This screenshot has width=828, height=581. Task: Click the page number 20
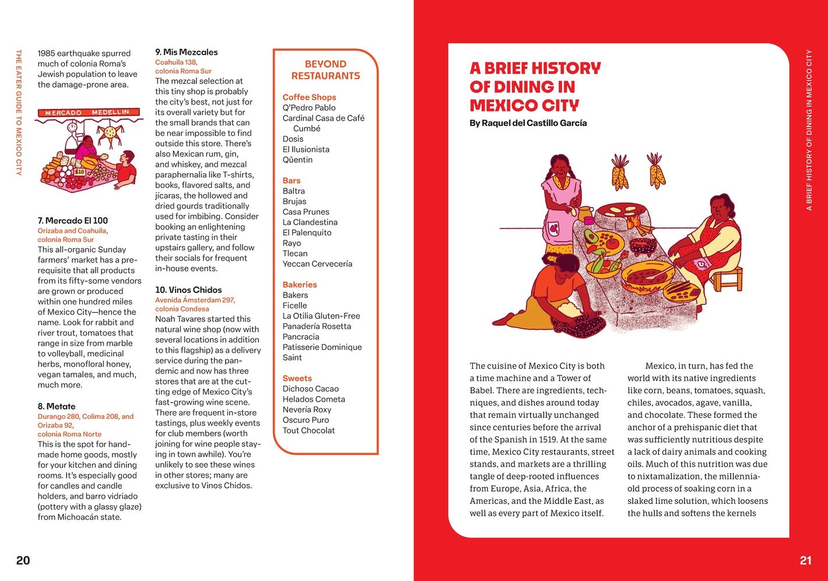click(x=23, y=561)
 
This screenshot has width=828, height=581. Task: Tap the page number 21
click(x=805, y=561)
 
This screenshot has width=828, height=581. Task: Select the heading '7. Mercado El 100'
click(x=73, y=220)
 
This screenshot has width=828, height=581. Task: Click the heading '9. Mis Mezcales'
click(x=187, y=52)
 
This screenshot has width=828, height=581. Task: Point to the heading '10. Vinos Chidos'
click(x=188, y=290)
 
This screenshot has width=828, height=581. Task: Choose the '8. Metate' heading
click(x=57, y=406)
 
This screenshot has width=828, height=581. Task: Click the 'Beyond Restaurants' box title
click(x=325, y=70)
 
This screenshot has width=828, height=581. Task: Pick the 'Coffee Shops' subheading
click(x=309, y=97)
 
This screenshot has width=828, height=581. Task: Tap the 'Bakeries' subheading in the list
click(x=300, y=285)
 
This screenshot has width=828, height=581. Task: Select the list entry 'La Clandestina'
click(x=310, y=222)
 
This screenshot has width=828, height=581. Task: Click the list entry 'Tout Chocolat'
click(x=309, y=430)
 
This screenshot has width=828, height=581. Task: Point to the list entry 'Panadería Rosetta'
click(x=317, y=326)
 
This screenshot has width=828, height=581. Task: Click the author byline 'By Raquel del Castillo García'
click(x=528, y=123)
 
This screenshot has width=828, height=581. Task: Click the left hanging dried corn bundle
click(x=620, y=172)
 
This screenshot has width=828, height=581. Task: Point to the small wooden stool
click(x=727, y=278)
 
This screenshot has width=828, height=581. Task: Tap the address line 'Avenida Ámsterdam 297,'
click(x=195, y=300)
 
